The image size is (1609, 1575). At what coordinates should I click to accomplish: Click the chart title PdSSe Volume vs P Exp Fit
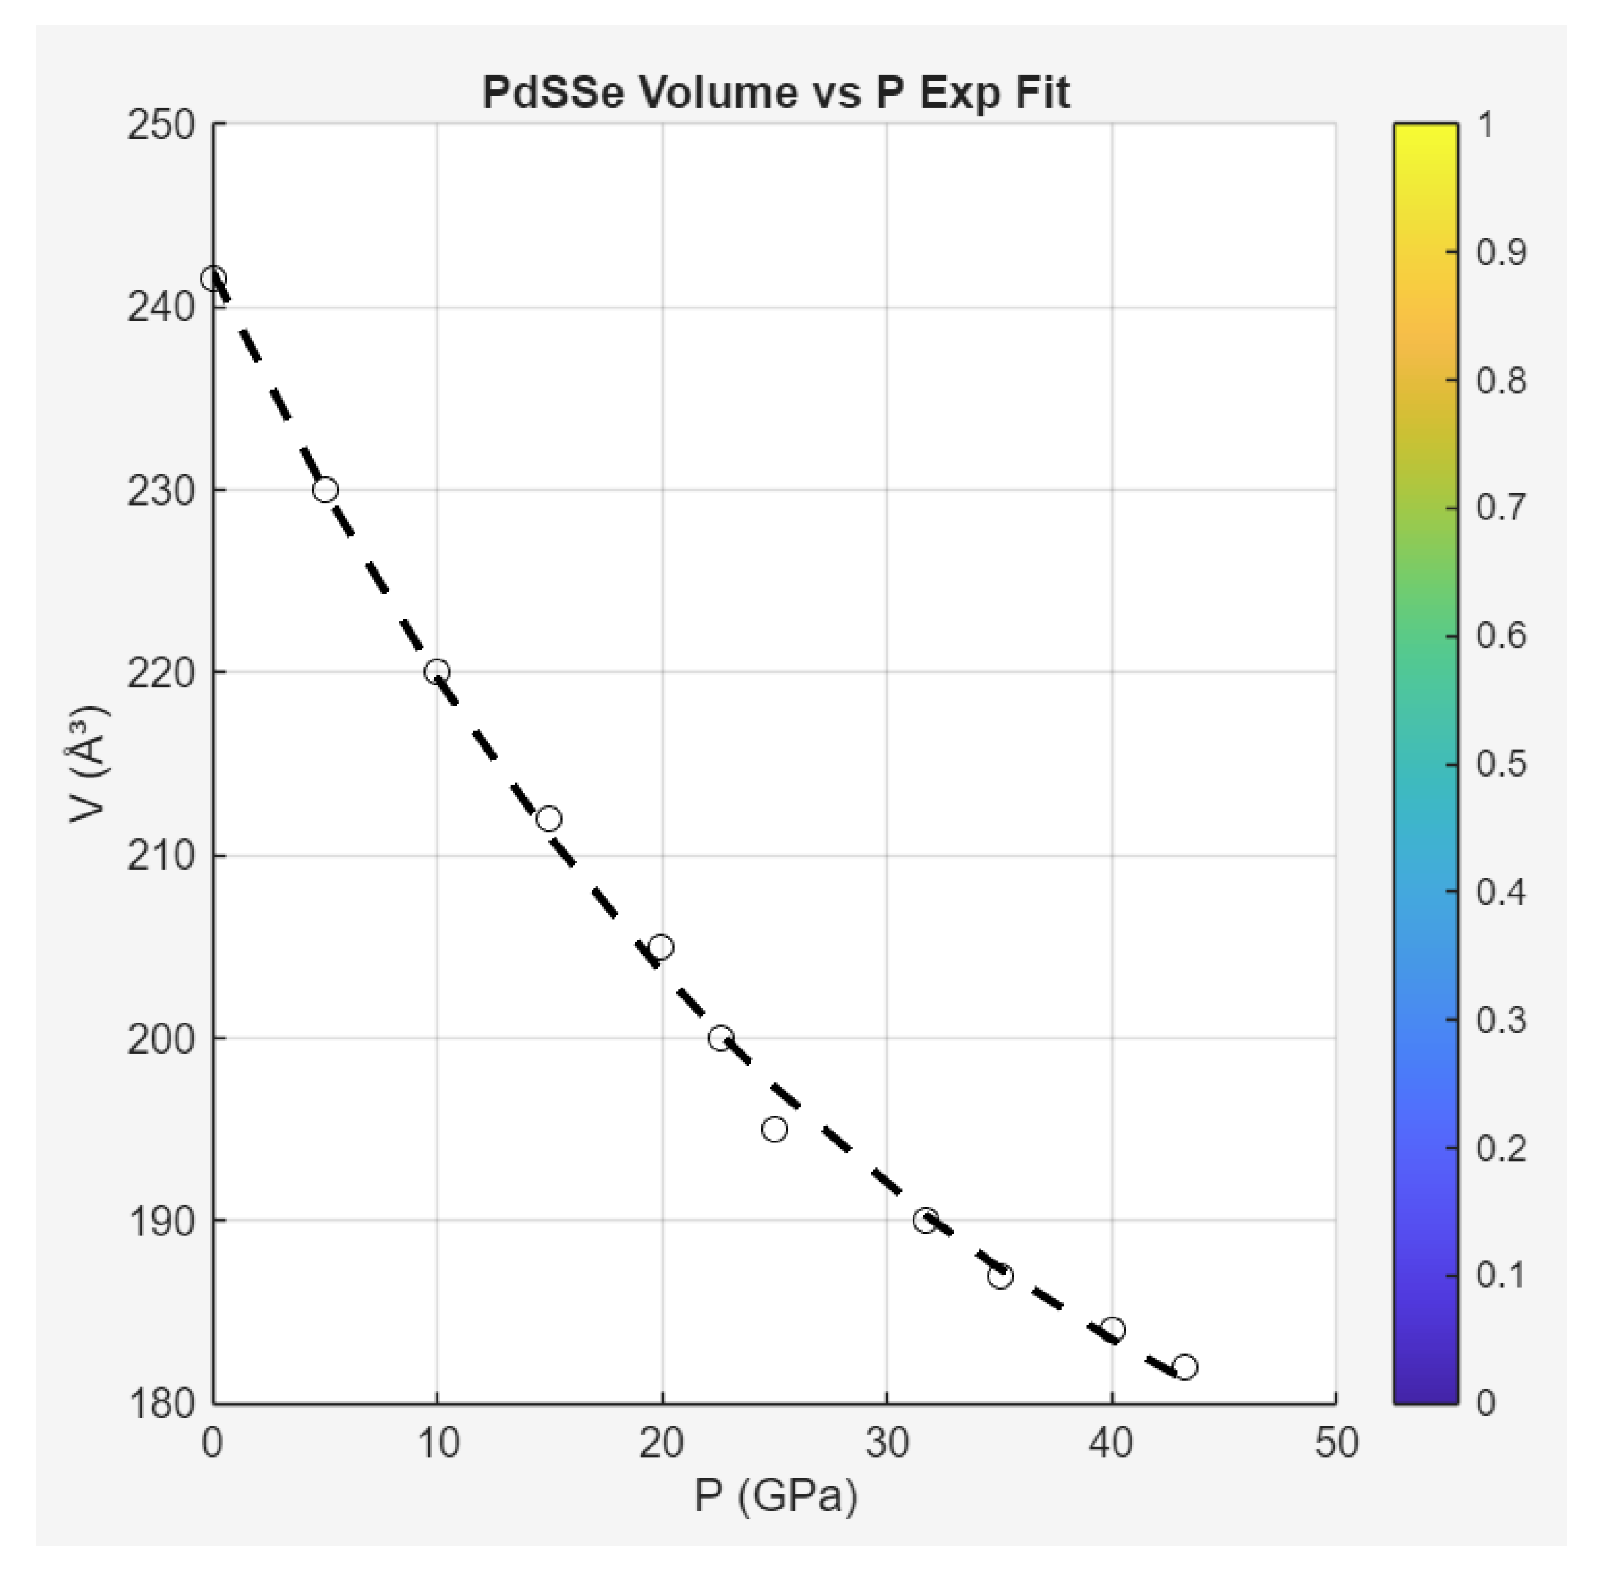pyautogui.click(x=776, y=92)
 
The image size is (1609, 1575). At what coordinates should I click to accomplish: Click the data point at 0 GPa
pyautogui.click(x=214, y=279)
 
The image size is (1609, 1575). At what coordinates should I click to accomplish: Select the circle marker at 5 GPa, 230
pyautogui.click(x=325, y=489)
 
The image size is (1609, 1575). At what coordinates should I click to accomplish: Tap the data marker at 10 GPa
pyautogui.click(x=437, y=672)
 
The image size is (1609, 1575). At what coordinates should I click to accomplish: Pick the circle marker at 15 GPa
pyautogui.click(x=549, y=819)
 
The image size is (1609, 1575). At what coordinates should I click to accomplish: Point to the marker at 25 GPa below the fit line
pyautogui.click(x=774, y=1129)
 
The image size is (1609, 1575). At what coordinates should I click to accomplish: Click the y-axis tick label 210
pyautogui.click(x=161, y=855)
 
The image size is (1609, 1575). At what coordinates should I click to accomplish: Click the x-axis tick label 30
pyautogui.click(x=888, y=1443)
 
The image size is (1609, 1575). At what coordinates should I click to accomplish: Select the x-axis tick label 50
pyautogui.click(x=1336, y=1443)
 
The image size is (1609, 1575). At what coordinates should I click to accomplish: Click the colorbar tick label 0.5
pyautogui.click(x=1500, y=763)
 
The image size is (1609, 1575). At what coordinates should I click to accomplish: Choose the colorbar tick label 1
pyautogui.click(x=1486, y=125)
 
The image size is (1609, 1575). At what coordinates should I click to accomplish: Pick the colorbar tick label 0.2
pyautogui.click(x=1500, y=1148)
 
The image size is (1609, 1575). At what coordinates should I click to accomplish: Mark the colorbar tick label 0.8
pyautogui.click(x=1500, y=381)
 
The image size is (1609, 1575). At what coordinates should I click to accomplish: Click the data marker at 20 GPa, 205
pyautogui.click(x=660, y=946)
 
